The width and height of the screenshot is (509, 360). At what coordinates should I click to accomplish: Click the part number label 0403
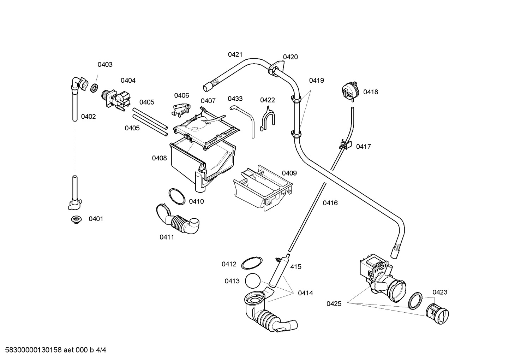click(x=105, y=64)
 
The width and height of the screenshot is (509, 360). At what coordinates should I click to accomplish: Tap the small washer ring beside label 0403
click(x=94, y=88)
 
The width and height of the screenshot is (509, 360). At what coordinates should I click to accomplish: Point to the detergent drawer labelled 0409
click(x=263, y=187)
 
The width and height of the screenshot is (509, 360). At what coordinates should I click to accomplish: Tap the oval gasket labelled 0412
click(x=252, y=263)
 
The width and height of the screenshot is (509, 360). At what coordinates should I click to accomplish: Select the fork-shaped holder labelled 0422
click(x=267, y=118)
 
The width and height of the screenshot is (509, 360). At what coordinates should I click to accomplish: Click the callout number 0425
click(x=334, y=303)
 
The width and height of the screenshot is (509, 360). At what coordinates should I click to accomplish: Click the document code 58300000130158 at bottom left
click(x=32, y=350)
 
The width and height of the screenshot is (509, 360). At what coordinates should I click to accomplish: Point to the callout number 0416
click(x=330, y=203)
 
